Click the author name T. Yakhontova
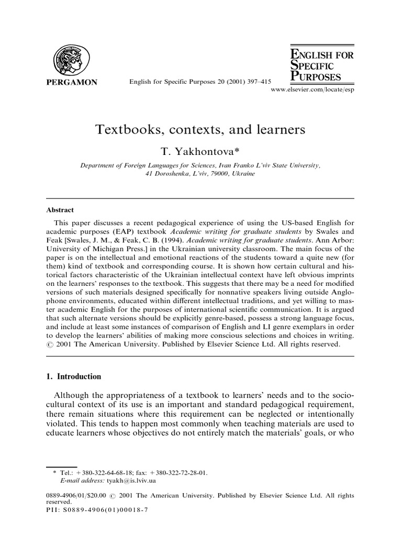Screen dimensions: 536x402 click(200, 151)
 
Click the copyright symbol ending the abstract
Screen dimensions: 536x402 click(50, 345)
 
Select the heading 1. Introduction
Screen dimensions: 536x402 click(74, 376)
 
